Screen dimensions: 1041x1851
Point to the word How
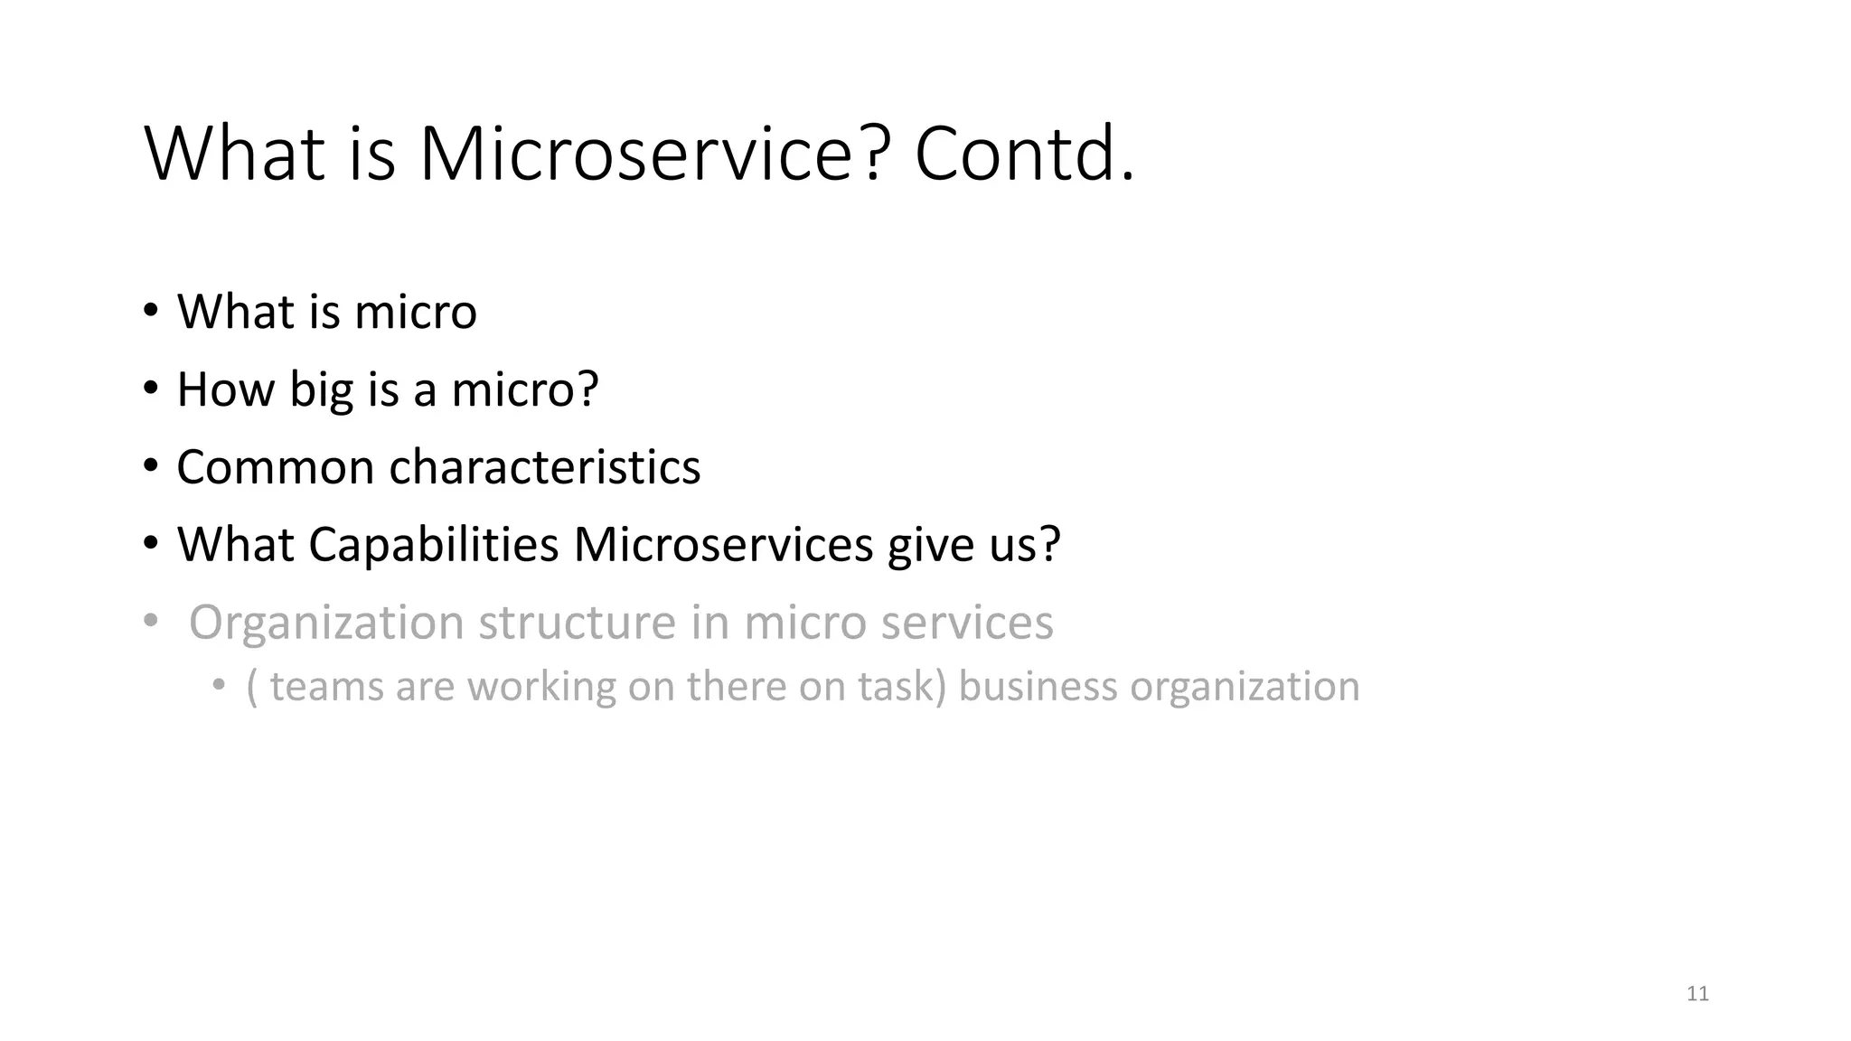pyautogui.click(x=226, y=389)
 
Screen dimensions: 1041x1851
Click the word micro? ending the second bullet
pyautogui.click(x=525, y=389)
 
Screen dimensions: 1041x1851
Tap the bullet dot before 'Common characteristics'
pyautogui.click(x=150, y=467)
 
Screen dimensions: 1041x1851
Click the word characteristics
pyautogui.click(x=544, y=467)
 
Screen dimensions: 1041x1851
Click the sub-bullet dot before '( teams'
pyautogui.click(x=218, y=686)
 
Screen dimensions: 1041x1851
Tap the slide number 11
pyautogui.click(x=1697, y=994)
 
